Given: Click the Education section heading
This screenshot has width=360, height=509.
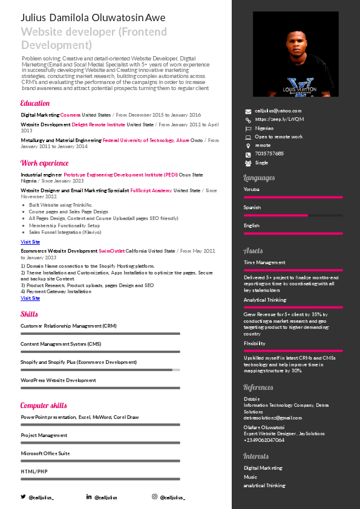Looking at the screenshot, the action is coord(35,103).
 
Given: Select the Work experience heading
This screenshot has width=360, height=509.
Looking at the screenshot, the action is coord(44,163).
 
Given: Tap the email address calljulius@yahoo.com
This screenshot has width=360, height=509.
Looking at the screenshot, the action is coord(278,111).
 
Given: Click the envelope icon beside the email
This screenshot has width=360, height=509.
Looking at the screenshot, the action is coord(247,111).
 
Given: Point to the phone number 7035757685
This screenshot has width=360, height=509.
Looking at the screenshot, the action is coord(269,154).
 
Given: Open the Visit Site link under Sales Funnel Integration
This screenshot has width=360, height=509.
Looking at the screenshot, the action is coord(30,242).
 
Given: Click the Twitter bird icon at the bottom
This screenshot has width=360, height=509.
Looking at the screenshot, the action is coord(24,497).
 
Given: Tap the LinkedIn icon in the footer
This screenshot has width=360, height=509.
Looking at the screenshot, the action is coord(89,497).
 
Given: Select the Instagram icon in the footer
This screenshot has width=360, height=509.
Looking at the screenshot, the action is coord(154,497).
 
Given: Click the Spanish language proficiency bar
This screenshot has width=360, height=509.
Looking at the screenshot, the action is coord(293,215).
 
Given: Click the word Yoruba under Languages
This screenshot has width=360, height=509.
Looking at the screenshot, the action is coord(252,189).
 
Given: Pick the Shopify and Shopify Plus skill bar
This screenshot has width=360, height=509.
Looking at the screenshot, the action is coord(100,369).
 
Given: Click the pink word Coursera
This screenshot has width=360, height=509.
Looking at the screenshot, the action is coord(70,114).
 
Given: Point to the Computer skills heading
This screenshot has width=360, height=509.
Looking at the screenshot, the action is coord(44,405).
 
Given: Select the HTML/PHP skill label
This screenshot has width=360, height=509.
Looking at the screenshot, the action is coord(34,471).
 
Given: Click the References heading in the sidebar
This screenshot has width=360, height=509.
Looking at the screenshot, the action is coord(258,387).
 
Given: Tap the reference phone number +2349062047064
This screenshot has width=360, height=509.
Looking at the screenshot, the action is coord(264,440).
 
